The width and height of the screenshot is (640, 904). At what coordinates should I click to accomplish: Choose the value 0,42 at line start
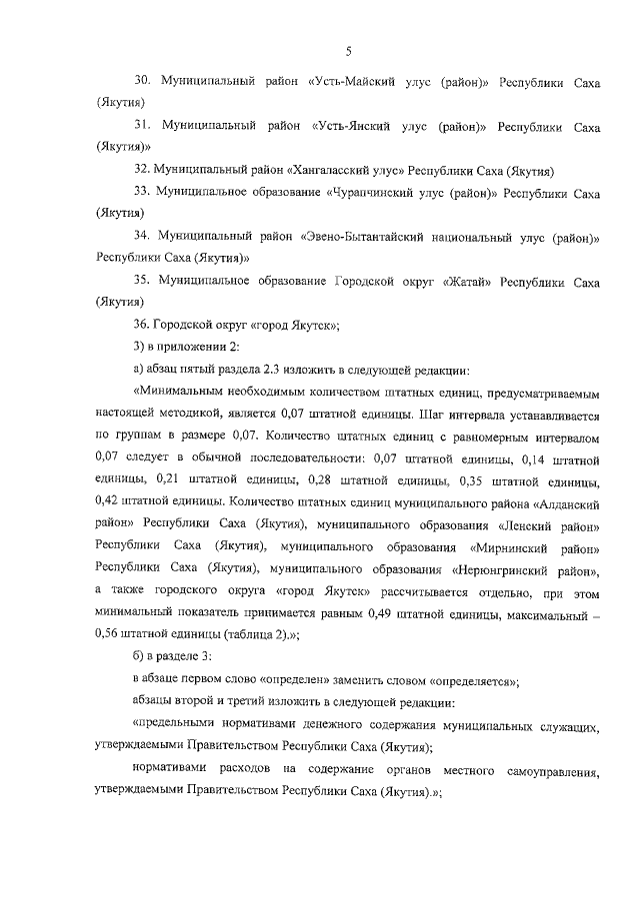109,502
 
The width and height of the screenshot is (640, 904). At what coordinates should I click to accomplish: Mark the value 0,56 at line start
109,633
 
